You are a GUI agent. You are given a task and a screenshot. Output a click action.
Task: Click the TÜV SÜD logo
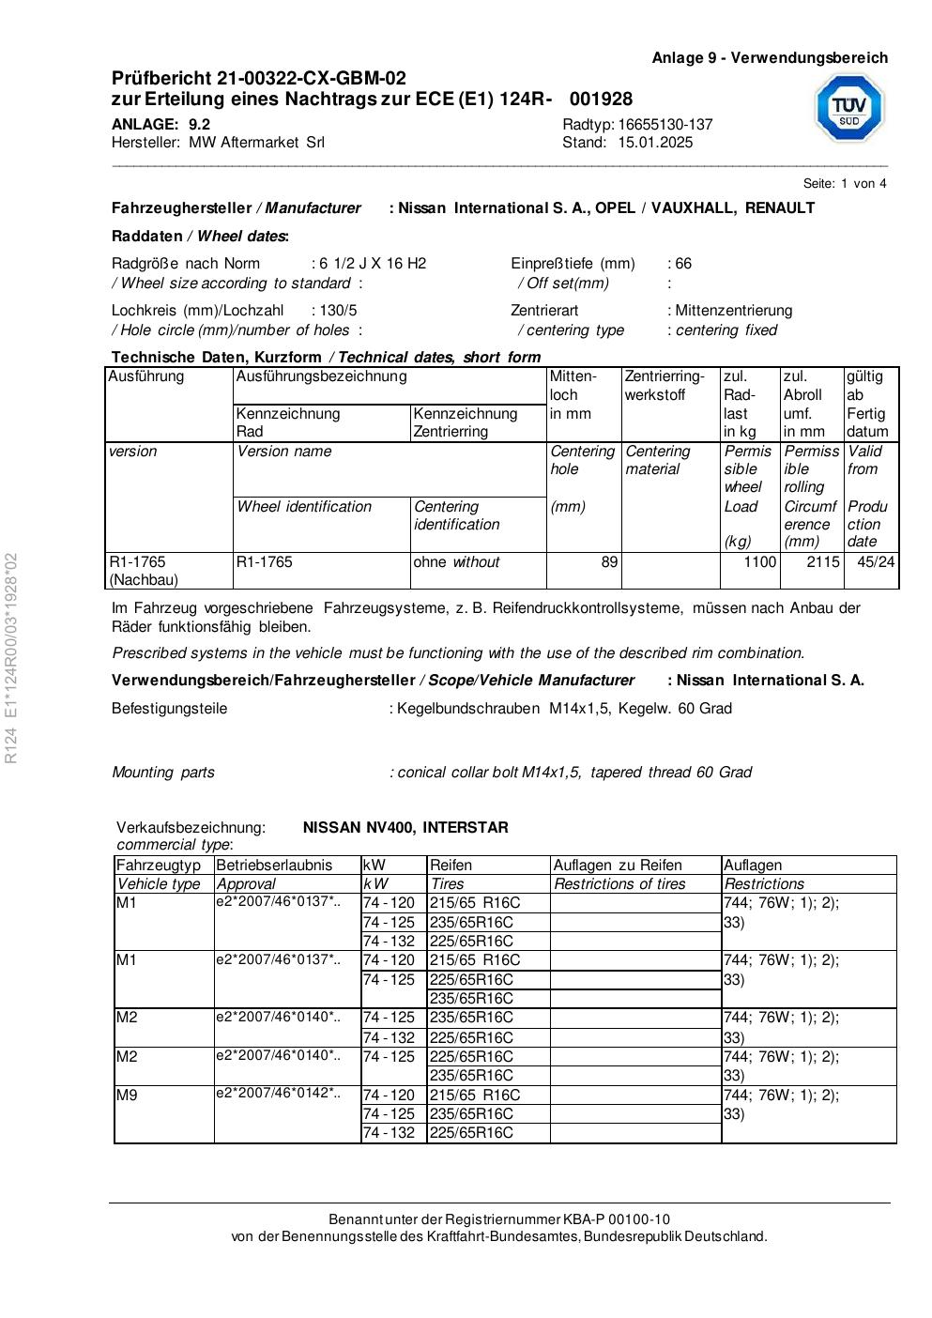point(848,108)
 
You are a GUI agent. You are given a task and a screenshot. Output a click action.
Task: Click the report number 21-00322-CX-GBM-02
point(312,78)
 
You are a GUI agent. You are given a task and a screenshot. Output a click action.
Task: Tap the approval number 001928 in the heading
point(601,100)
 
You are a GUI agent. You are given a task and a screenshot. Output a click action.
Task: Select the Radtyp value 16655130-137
point(665,125)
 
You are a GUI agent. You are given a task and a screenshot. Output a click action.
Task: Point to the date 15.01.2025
point(655,143)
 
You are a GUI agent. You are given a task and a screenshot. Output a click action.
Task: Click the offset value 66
point(683,264)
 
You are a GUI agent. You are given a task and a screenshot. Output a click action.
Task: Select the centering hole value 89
point(609,562)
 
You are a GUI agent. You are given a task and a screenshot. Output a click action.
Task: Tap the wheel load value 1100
point(760,562)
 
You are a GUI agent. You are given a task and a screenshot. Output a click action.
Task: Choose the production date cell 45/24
point(876,562)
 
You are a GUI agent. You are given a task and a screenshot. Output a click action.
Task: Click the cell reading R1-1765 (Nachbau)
point(144,571)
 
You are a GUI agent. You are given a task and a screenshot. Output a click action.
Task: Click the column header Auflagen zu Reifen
point(618,866)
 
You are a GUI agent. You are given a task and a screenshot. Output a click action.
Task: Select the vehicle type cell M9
point(127,1096)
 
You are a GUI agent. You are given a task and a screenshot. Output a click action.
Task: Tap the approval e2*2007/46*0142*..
point(278,1094)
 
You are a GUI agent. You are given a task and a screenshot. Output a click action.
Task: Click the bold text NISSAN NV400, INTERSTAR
point(405,828)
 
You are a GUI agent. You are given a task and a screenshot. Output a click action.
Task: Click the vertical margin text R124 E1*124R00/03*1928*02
point(11,658)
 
